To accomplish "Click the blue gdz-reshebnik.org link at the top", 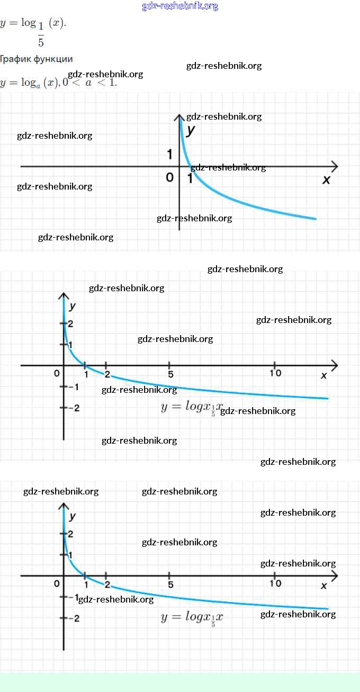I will pyautogui.click(x=180, y=6).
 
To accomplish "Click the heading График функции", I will pyautogui.click(x=37, y=59).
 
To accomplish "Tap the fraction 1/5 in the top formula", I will pyautogui.click(x=41, y=34).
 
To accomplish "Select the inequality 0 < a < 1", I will pyautogui.click(x=89, y=83).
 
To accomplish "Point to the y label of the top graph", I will pyautogui.click(x=191, y=129).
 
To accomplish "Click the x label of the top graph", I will pyautogui.click(x=326, y=179).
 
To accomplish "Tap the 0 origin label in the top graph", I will pyautogui.click(x=169, y=177).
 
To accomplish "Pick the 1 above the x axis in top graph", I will pyautogui.click(x=169, y=154).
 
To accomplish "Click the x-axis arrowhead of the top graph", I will pyautogui.click(x=334, y=167).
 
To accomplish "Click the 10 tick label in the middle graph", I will pyautogui.click(x=275, y=373).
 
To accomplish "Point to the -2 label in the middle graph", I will pyautogui.click(x=74, y=408).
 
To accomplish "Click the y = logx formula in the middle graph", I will pyautogui.click(x=192, y=407).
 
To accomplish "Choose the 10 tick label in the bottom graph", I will pyautogui.click(x=275, y=583).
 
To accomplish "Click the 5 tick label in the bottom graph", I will pyautogui.click(x=170, y=585).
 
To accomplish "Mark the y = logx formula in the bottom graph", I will pyautogui.click(x=192, y=617).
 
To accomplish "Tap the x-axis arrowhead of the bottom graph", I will pyautogui.click(x=334, y=576).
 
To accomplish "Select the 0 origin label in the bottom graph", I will pyautogui.click(x=57, y=583).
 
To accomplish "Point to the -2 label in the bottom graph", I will pyautogui.click(x=74, y=618).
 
